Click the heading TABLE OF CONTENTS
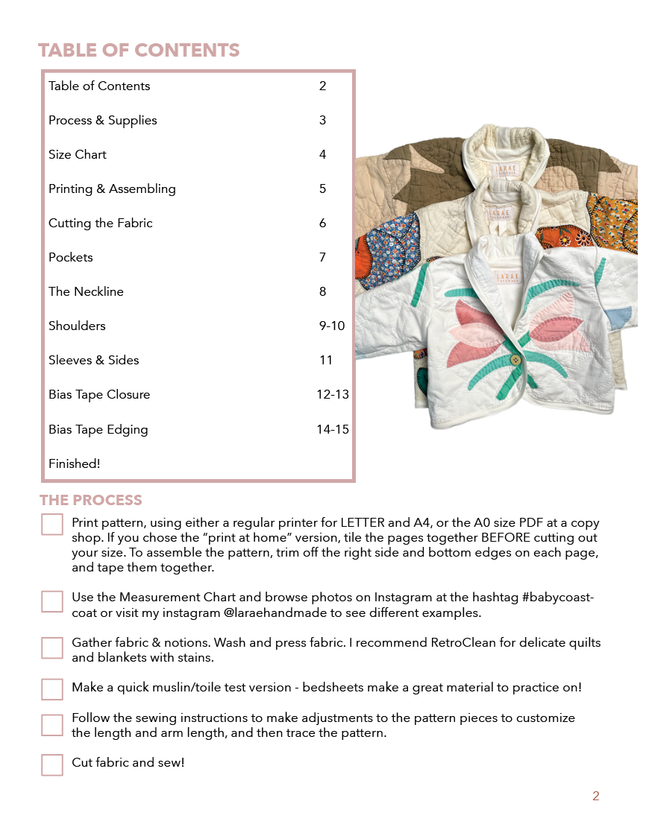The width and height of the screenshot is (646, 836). click(139, 51)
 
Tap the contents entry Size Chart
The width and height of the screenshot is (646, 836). click(78, 155)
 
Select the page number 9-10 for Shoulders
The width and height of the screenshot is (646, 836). click(331, 326)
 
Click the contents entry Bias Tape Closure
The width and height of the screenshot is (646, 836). click(99, 395)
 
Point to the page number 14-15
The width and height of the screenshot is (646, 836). click(333, 430)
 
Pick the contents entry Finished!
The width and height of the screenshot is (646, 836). click(74, 464)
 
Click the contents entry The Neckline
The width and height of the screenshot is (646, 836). click(86, 292)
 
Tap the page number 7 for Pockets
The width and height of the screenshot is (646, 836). click(322, 258)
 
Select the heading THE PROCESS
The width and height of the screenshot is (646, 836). click(90, 500)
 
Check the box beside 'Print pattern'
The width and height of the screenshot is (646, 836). click(52, 524)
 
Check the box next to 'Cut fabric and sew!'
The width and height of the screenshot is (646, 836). click(52, 764)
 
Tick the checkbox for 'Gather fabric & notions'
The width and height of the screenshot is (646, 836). click(52, 647)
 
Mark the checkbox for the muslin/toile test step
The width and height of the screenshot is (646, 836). click(52, 689)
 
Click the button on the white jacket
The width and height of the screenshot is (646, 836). click(514, 360)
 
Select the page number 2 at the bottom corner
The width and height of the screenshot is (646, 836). click(596, 797)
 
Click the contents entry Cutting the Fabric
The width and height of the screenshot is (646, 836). click(101, 224)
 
